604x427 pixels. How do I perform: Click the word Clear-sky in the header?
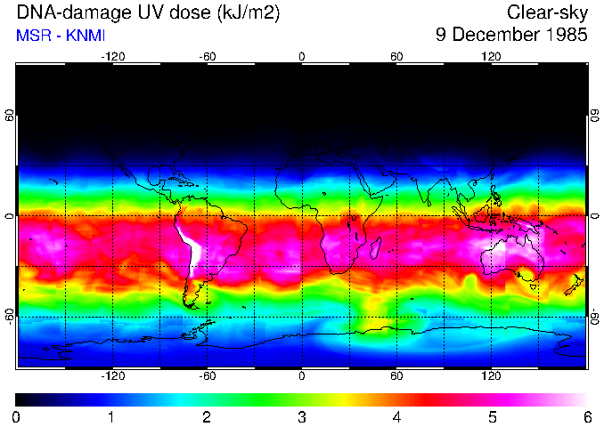coord(547,12)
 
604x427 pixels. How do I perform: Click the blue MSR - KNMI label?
coord(61,36)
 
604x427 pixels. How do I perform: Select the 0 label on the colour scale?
coord(17,416)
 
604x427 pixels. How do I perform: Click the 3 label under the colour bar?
coord(302,416)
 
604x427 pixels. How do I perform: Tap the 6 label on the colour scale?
coord(586,416)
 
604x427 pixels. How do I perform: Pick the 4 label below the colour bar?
coord(396,416)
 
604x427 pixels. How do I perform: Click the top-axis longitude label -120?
coord(112,56)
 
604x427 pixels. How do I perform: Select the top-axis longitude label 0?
coord(302,56)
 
